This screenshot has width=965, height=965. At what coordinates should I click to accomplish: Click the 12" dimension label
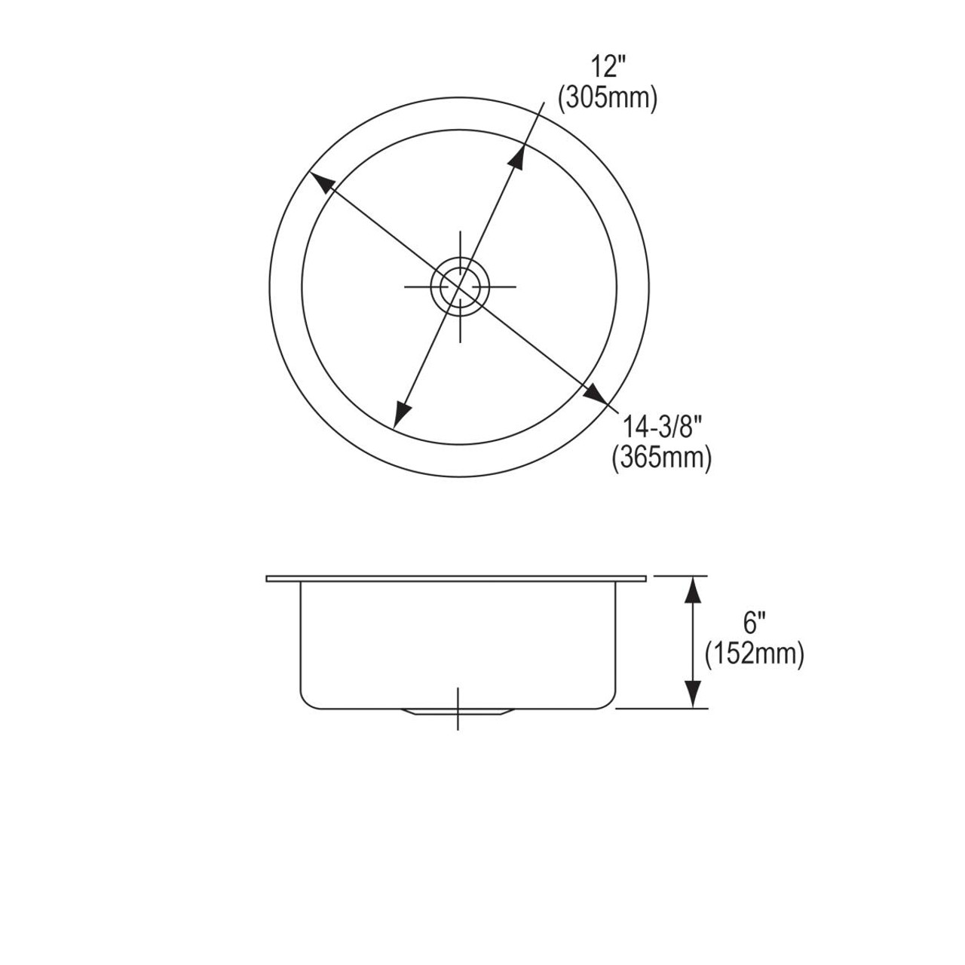[x=607, y=69]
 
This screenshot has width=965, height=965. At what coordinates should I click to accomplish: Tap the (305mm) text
[x=607, y=98]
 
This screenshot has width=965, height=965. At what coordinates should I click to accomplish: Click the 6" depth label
[x=754, y=623]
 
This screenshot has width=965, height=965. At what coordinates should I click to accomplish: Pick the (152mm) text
[x=754, y=653]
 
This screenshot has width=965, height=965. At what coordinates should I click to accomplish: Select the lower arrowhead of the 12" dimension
[x=402, y=415]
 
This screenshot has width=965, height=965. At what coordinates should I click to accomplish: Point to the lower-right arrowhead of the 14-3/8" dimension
[x=597, y=394]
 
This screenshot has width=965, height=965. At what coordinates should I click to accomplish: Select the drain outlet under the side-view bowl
[x=458, y=712]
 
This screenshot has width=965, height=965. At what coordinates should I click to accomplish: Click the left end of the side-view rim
[x=268, y=579]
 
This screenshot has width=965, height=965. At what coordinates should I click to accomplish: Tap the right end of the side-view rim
[x=646, y=579]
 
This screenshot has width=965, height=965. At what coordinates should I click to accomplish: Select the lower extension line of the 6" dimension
[x=663, y=709]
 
